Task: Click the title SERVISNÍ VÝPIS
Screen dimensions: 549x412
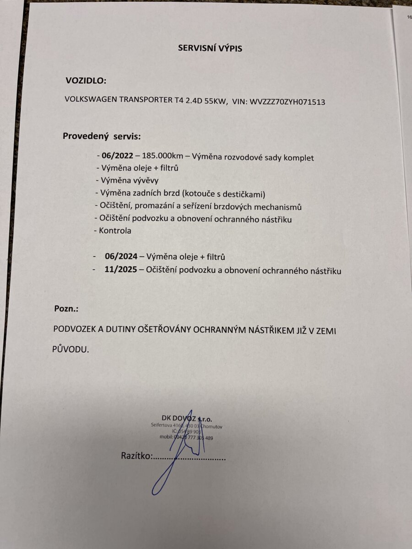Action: tap(210, 48)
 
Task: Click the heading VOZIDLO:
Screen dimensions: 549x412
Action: tap(86, 81)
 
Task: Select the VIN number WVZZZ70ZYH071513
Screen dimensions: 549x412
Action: tap(287, 102)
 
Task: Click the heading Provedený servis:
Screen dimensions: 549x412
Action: tap(102, 136)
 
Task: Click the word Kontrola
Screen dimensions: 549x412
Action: tap(115, 231)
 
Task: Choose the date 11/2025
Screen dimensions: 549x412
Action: tap(121, 270)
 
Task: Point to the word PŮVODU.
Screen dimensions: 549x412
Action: tap(70, 349)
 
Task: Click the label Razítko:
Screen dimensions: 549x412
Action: tap(136, 456)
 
